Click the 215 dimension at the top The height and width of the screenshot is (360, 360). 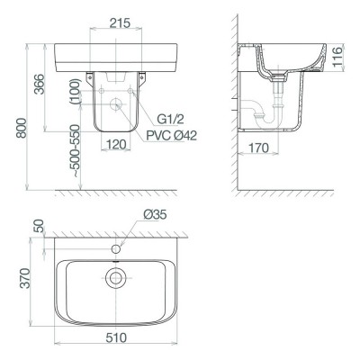pyautogui.click(x=120, y=22)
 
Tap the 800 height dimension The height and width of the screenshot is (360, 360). pyautogui.click(x=22, y=128)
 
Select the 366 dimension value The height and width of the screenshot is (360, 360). pyautogui.click(x=39, y=84)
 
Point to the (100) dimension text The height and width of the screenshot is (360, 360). pyautogui.click(x=75, y=92)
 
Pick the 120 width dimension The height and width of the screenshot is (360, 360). pyautogui.click(x=116, y=145)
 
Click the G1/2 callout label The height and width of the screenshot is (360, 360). pyautogui.click(x=170, y=120)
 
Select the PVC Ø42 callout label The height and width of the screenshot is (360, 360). pyautogui.click(x=172, y=136)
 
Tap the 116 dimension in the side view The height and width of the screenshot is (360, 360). pyautogui.click(x=337, y=58)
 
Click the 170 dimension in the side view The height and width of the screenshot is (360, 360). pyautogui.click(x=258, y=148)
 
